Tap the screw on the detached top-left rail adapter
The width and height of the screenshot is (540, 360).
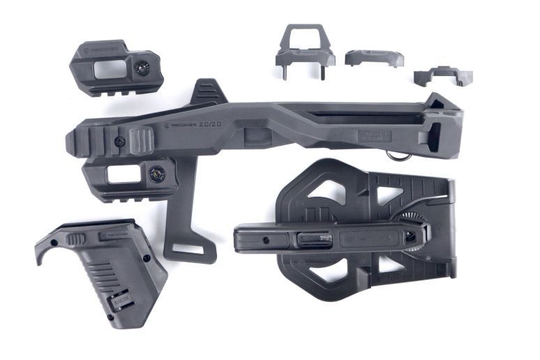tap(142, 68)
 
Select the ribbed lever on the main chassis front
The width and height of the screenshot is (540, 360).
tap(142, 140)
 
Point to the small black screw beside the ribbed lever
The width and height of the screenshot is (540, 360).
tap(120, 141)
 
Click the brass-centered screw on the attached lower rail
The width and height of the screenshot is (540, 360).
tap(157, 174)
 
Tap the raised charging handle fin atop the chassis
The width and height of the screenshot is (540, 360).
tap(207, 91)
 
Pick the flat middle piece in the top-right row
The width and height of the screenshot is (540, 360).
tap(373, 57)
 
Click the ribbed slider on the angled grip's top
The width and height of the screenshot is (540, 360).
tap(77, 239)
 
